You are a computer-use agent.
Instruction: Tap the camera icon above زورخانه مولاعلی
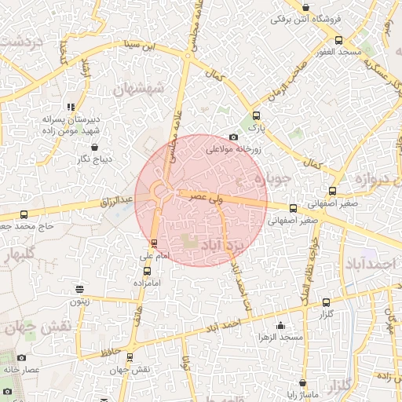[x=232, y=137]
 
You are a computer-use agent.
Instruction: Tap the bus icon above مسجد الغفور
[x=338, y=40]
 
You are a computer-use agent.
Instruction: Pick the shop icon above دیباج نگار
[x=95, y=147]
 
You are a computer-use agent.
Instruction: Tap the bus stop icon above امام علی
[x=154, y=243]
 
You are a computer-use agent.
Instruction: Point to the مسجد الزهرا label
[x=281, y=337]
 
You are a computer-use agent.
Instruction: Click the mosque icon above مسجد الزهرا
[x=281, y=325]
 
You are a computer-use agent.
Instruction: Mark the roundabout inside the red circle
[x=161, y=191]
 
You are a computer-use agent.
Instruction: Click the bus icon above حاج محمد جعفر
[x=24, y=214]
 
